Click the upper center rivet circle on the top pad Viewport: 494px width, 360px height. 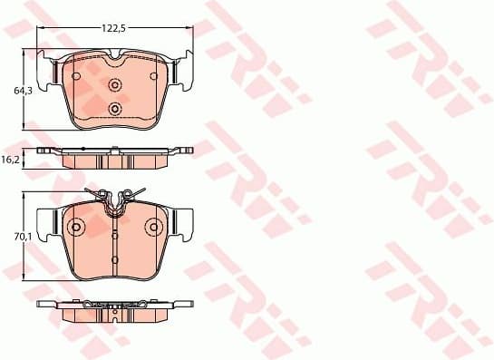click(114, 85)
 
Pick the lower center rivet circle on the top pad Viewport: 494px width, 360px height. click(114, 109)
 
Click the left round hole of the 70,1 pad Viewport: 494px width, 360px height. click(76, 227)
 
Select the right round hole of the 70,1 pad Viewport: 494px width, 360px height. click(153, 227)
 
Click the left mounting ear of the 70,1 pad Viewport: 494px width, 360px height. click(45, 220)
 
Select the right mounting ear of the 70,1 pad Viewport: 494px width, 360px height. click(184, 220)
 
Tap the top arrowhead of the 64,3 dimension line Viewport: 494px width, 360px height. click(25, 53)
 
